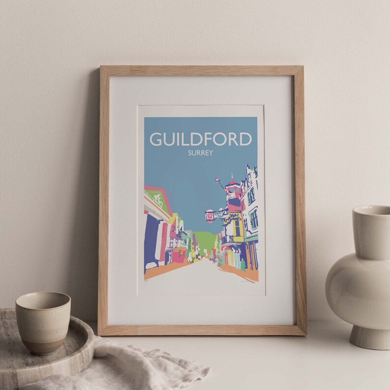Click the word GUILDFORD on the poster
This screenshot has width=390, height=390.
[x=201, y=139]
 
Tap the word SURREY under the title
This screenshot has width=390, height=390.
[x=200, y=153]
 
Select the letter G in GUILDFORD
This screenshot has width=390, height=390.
[x=157, y=139]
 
